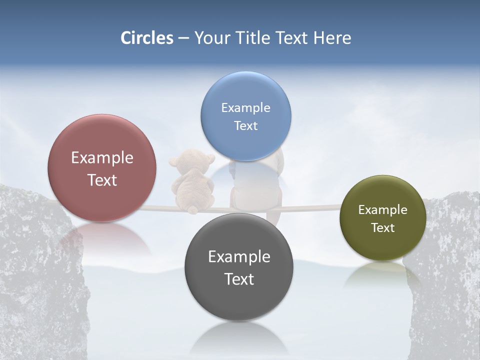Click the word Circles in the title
147,38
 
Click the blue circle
245,116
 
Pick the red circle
102,168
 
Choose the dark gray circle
239,267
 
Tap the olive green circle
382,218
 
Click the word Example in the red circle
102,157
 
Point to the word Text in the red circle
102,180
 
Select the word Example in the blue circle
245,107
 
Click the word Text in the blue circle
245,125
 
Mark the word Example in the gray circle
239,256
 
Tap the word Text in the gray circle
239,279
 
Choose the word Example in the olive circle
382,209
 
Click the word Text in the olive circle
382,227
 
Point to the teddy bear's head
192,162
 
